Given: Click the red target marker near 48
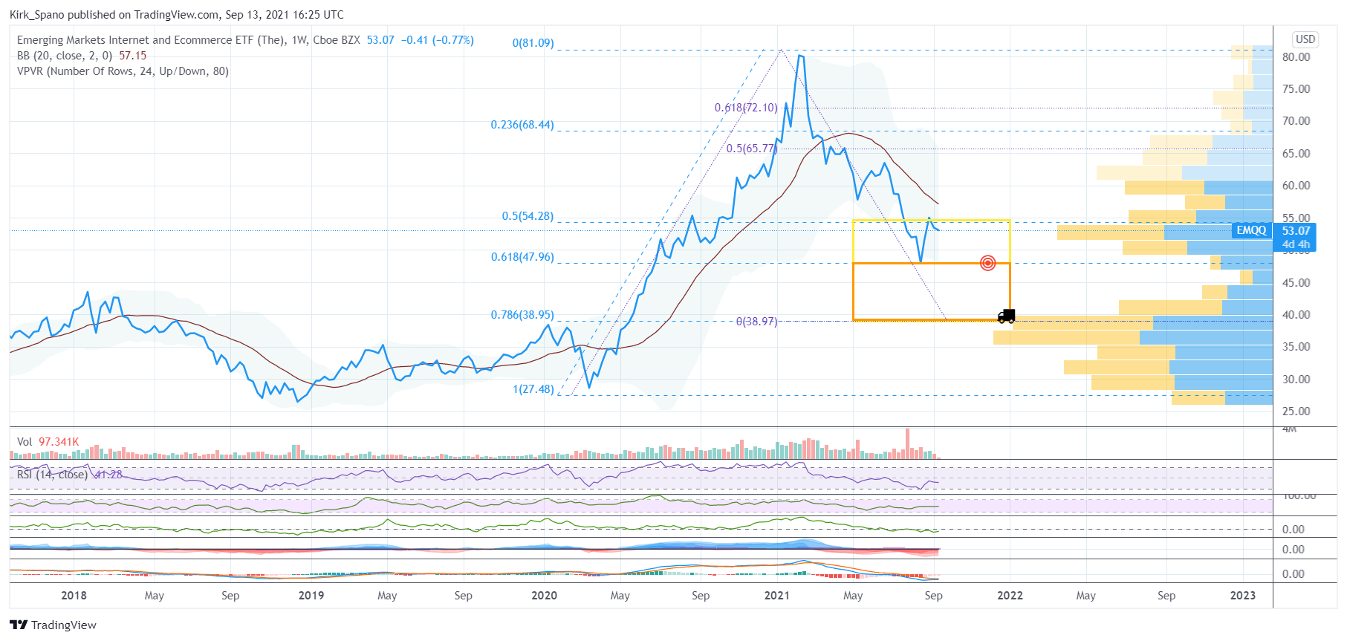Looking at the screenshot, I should tap(987, 263).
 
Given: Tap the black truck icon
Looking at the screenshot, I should tap(1006, 316).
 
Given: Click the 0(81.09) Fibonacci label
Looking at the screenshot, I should tap(533, 43).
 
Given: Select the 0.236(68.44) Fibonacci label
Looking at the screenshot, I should tap(522, 125).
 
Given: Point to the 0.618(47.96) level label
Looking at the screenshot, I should tap(522, 257).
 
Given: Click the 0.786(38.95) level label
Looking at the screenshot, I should tap(522, 315).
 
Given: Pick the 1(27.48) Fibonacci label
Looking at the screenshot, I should tap(533, 389).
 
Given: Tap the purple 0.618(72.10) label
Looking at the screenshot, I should tap(746, 108).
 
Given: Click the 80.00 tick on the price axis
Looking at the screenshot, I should tap(1296, 57).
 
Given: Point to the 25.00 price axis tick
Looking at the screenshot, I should tap(1296, 411).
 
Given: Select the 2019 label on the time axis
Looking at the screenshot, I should tap(311, 596).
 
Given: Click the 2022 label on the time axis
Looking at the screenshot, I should tap(1010, 596).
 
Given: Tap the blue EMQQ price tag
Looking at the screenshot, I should tap(1251, 230).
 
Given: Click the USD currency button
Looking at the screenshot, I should tap(1305, 39).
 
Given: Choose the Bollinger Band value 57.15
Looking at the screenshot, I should tap(132, 56).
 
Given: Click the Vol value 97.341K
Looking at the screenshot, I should tap(58, 442).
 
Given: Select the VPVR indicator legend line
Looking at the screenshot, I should tap(123, 71).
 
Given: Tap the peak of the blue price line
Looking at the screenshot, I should tap(799, 56).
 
